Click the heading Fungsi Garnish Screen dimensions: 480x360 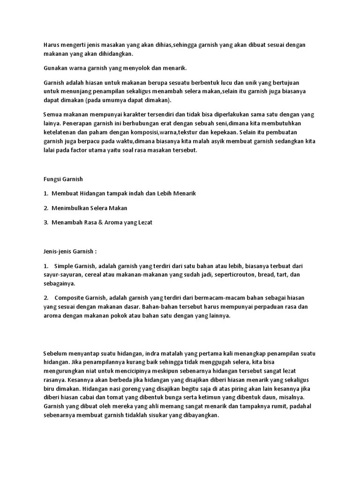(63, 179)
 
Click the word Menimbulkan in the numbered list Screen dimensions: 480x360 (73, 208)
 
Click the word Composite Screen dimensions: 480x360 (70, 298)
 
